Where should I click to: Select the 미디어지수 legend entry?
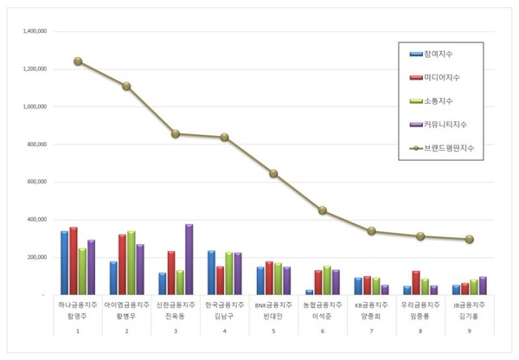[x=442, y=77]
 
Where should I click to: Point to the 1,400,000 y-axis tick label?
[x=31, y=31]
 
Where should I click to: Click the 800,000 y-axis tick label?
[x=34, y=145]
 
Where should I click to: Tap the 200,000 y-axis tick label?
[x=34, y=257]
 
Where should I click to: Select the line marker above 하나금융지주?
[x=78, y=61]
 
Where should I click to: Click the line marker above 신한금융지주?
[x=176, y=134]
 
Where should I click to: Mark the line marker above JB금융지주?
[x=469, y=239]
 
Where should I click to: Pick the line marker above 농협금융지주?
[x=323, y=210]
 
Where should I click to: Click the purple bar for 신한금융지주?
[x=189, y=260]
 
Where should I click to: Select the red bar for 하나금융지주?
[x=74, y=260]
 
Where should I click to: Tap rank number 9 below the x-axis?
[x=469, y=331]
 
